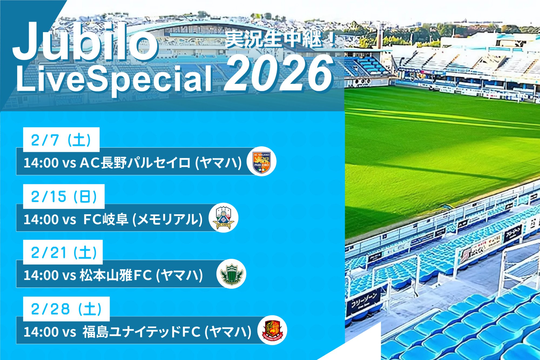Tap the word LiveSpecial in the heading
pyautogui.click(x=113, y=79)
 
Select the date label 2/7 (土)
pyautogui.click(x=61, y=140)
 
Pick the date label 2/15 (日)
pyautogui.click(x=64, y=196)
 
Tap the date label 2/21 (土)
pyautogui.click(x=64, y=253)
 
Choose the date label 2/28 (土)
pyautogui.click(x=66, y=309)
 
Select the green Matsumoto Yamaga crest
pyautogui.click(x=231, y=274)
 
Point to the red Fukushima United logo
pyautogui.click(x=272, y=330)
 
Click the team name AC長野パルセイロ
pyautogui.click(x=135, y=163)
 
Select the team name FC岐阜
pyautogui.click(x=106, y=219)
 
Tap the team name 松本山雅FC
pyautogui.click(x=116, y=275)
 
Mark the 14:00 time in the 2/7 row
pyautogui.click(x=41, y=163)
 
